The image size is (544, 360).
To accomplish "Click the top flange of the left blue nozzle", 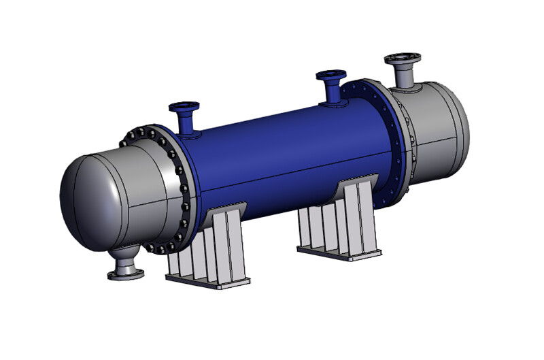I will [184, 106].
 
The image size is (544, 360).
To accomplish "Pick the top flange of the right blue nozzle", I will [331, 73].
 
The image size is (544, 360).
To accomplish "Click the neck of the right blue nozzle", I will [333, 90].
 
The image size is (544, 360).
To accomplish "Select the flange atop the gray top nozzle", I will [403, 59].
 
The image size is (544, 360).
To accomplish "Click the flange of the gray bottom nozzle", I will [126, 274].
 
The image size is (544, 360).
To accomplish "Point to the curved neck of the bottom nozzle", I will [126, 257].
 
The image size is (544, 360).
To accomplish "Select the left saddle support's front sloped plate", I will [235, 238].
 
